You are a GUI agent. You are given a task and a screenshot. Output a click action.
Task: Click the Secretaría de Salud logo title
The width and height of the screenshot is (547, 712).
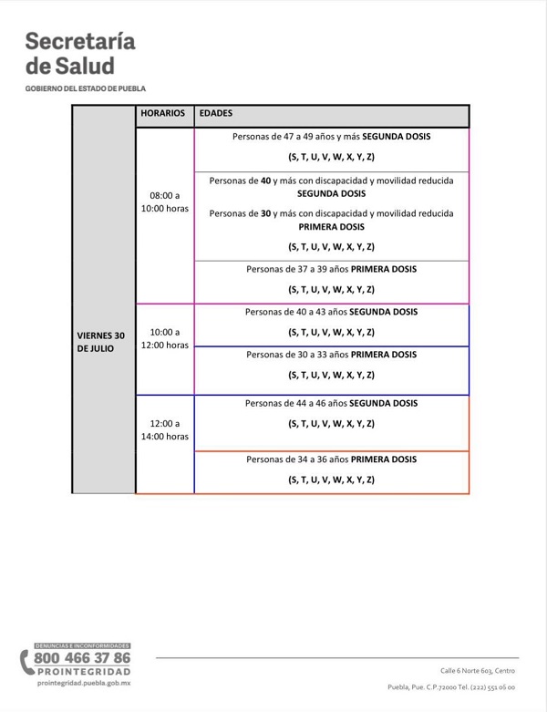(x=81, y=53)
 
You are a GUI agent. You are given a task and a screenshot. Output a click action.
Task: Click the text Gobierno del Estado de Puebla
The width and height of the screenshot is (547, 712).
(x=86, y=88)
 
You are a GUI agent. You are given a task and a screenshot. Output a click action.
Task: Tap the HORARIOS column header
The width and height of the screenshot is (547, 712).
(x=163, y=114)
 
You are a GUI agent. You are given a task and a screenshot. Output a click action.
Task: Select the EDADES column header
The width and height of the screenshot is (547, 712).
(x=215, y=114)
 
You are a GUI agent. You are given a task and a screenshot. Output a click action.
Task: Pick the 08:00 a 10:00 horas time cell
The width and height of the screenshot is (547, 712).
(x=165, y=201)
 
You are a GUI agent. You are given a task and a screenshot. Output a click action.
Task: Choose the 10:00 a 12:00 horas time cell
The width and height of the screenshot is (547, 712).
(x=165, y=338)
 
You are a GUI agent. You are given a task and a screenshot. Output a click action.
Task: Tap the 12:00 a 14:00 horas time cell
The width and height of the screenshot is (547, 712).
(x=165, y=429)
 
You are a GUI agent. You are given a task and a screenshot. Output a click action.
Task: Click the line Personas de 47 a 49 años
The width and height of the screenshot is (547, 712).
(x=332, y=136)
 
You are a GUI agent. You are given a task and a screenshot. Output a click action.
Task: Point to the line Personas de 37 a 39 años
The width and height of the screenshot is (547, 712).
(x=332, y=269)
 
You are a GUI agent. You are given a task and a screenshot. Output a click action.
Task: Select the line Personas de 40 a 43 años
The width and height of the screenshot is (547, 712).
(x=332, y=312)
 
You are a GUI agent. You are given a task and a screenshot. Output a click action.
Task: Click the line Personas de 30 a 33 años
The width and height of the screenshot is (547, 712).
(x=332, y=354)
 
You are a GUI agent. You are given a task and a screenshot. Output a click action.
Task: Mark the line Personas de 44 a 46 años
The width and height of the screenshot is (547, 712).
(x=332, y=403)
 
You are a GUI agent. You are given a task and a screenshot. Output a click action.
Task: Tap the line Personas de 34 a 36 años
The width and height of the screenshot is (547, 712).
(x=332, y=459)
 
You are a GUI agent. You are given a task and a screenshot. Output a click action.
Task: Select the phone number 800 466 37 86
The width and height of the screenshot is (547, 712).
(x=82, y=657)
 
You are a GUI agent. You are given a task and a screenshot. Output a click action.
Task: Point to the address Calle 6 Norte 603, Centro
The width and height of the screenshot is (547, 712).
(x=478, y=670)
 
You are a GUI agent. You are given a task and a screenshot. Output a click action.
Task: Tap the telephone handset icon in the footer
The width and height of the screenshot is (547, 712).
(x=26, y=661)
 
